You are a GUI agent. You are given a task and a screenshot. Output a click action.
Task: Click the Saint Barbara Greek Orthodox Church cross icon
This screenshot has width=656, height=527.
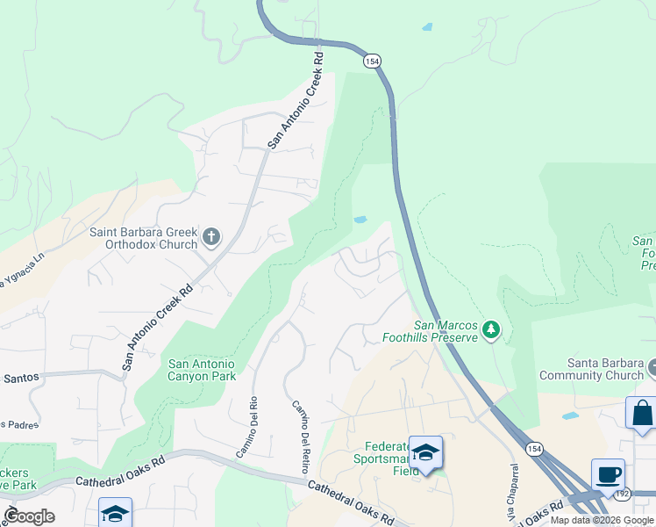tap(210, 236)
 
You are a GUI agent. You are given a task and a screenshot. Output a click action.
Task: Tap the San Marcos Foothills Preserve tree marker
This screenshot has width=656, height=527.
tap(492, 330)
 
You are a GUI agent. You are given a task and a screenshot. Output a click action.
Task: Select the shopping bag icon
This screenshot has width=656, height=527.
tap(642, 413)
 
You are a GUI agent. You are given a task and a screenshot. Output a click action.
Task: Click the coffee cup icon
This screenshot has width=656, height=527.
tap(608, 474)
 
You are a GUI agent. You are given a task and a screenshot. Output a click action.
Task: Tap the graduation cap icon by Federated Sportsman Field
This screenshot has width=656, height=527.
tap(425, 452)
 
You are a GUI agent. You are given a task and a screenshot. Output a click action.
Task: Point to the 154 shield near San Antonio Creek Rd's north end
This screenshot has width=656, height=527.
tap(372, 60)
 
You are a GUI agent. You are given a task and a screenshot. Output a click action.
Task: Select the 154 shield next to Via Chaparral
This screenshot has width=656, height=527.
tap(534, 448)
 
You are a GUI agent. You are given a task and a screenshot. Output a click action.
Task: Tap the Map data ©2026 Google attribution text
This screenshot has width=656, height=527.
tap(602, 521)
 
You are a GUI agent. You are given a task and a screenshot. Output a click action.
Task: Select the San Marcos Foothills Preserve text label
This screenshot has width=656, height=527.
tap(430, 330)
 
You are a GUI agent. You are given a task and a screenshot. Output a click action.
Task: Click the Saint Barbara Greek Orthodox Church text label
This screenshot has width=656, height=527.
tap(142, 238)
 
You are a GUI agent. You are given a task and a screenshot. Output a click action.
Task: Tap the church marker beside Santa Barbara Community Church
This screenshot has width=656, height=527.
tap(652, 365)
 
